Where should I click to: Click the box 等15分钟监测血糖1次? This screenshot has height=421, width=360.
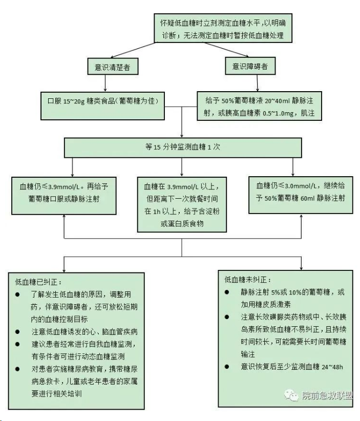[x=182, y=147]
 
